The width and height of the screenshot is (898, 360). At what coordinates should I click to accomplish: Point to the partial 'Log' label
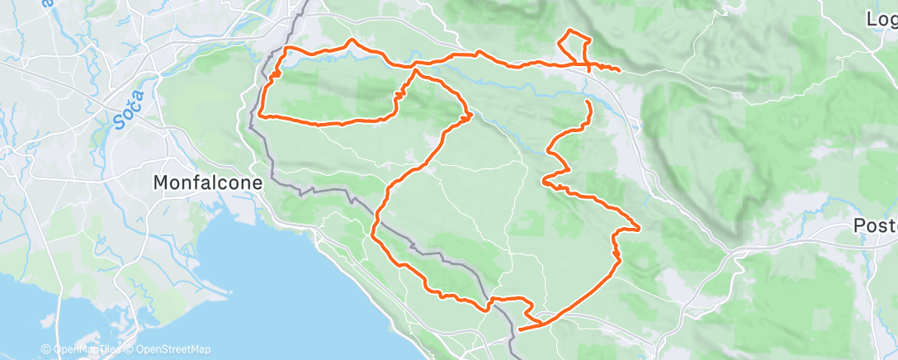[881, 18]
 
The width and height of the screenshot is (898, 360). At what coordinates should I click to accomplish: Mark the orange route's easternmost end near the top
[619, 71]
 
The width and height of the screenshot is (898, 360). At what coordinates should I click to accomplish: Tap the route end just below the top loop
[588, 102]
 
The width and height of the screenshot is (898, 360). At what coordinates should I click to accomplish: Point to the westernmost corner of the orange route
[260, 115]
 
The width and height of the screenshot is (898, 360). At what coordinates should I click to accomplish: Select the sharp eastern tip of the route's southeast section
[640, 228]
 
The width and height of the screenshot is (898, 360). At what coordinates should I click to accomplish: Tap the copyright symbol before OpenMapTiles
[46, 349]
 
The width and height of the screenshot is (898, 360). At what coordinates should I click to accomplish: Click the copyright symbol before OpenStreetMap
[130, 349]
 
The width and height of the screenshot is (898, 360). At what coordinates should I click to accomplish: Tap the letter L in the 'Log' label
[872, 18]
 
